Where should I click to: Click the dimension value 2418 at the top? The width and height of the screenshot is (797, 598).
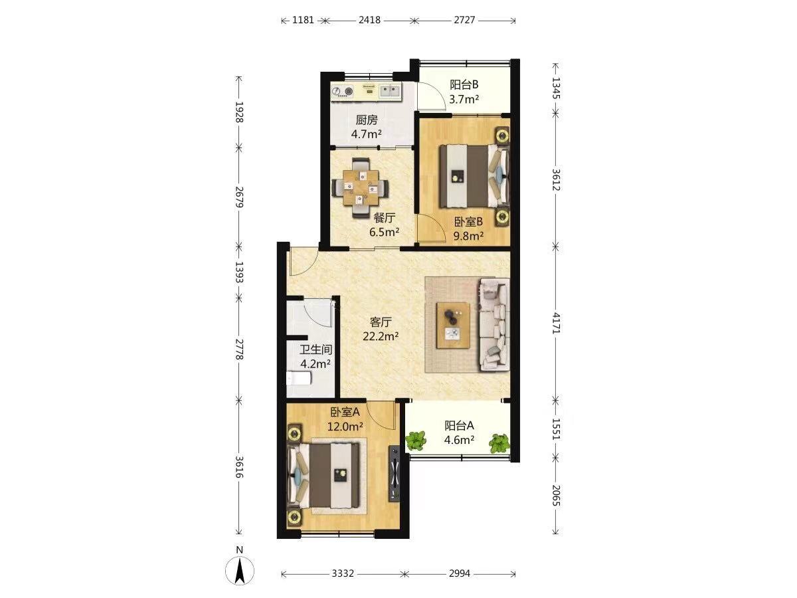click(x=369, y=20)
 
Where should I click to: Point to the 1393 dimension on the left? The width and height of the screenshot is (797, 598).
click(x=239, y=272)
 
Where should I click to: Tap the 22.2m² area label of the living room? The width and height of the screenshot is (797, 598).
click(x=381, y=337)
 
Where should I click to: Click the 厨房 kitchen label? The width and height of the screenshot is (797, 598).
click(x=367, y=120)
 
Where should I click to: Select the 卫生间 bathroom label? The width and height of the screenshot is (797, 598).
click(x=315, y=349)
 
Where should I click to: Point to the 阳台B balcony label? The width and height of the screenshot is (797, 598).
click(x=464, y=84)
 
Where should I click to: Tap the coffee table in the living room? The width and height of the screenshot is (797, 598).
click(x=453, y=326)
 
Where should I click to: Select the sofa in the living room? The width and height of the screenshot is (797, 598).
click(x=494, y=324)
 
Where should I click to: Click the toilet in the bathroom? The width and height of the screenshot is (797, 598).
click(x=299, y=378)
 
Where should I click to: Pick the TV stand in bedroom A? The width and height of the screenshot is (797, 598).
click(x=395, y=474)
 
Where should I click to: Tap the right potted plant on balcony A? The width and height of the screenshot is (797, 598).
click(x=499, y=444)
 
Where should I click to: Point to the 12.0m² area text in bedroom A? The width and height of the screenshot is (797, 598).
click(x=345, y=427)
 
